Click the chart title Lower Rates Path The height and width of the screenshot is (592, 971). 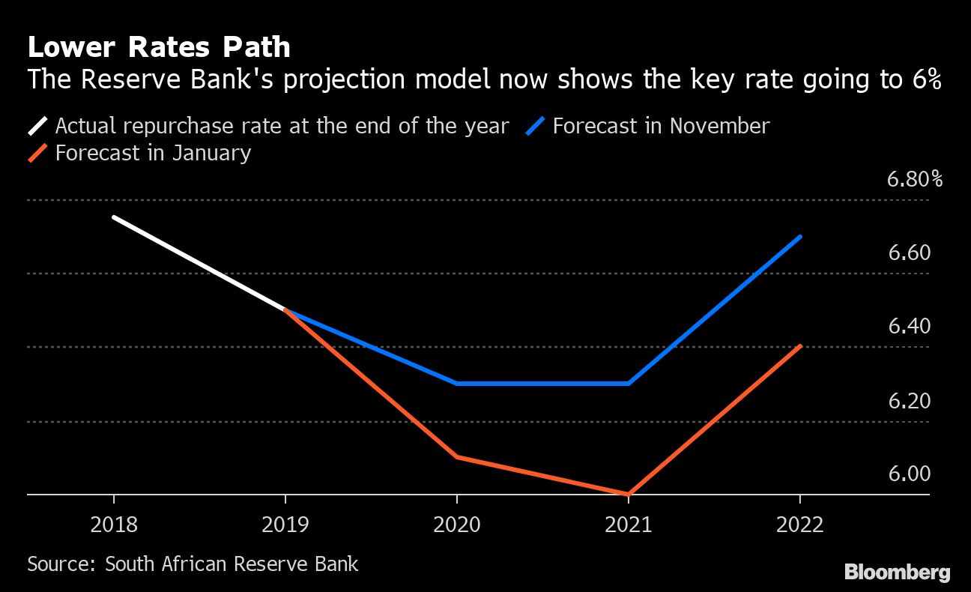(158, 48)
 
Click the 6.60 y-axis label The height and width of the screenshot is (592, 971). (909, 253)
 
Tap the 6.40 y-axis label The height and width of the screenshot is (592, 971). (909, 327)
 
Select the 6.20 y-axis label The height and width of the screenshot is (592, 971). (909, 401)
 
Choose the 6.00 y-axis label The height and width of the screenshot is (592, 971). (909, 474)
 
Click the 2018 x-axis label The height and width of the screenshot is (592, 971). (114, 525)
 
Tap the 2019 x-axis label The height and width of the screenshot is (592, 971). (285, 525)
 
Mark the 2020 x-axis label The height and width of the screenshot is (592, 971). (457, 525)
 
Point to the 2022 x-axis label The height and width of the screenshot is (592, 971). (800, 525)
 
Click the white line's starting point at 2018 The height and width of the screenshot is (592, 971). (114, 217)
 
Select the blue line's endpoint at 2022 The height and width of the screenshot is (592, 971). (801, 236)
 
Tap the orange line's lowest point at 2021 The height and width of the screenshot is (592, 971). (629, 494)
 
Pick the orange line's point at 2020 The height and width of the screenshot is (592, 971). (457, 456)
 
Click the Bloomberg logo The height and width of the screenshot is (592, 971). (897, 573)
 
